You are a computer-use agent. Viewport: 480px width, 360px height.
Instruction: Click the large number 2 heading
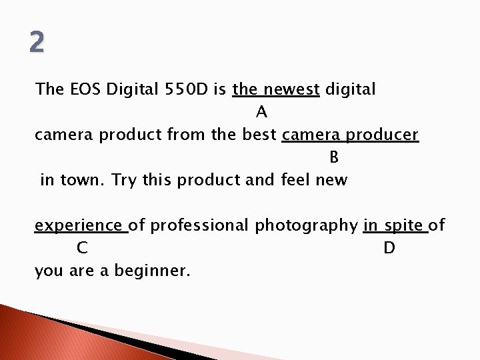(x=37, y=43)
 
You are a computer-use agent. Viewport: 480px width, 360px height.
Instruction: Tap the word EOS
(x=84, y=89)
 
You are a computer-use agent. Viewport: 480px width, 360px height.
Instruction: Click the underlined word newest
(x=291, y=89)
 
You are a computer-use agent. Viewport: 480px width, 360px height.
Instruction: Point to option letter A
(x=261, y=113)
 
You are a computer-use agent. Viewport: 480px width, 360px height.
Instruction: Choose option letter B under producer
(x=334, y=158)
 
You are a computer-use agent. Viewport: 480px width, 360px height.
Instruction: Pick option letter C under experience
(x=82, y=249)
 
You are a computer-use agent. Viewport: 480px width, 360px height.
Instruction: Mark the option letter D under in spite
(x=389, y=249)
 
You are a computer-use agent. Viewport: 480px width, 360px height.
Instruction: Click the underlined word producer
(x=382, y=135)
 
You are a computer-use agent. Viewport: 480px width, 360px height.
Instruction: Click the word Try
(x=123, y=181)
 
